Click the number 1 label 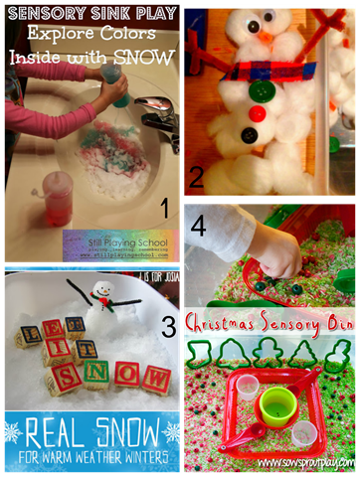click(x=162, y=208)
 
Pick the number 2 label click(x=197, y=178)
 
